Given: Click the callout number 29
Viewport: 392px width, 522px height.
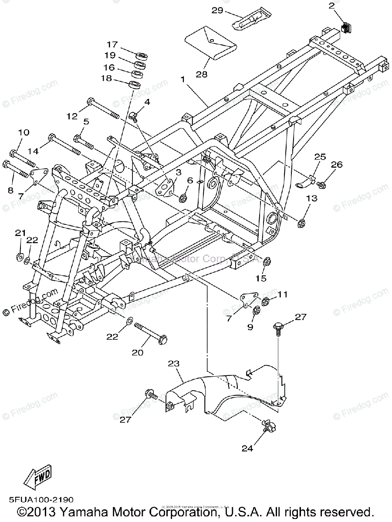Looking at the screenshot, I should click(x=217, y=10).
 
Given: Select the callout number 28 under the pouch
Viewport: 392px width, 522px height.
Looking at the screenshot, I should click(x=202, y=74).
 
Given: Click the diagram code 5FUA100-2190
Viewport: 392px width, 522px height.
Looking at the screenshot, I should click(x=40, y=500).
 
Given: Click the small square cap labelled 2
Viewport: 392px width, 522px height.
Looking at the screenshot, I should click(x=346, y=27).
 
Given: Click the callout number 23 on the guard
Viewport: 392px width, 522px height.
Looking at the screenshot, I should click(x=174, y=364).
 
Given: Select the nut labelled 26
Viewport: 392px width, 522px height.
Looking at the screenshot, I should click(x=322, y=186).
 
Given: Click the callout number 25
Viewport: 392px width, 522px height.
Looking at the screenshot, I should click(x=320, y=157).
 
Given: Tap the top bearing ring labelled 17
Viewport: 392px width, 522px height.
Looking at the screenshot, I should click(x=141, y=56).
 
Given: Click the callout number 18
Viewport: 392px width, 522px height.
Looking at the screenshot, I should click(x=106, y=79).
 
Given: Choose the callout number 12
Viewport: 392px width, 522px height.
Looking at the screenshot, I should click(x=72, y=116).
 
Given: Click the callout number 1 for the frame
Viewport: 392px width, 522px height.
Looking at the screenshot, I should click(x=183, y=80).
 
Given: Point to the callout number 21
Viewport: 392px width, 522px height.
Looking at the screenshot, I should click(x=20, y=234).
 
